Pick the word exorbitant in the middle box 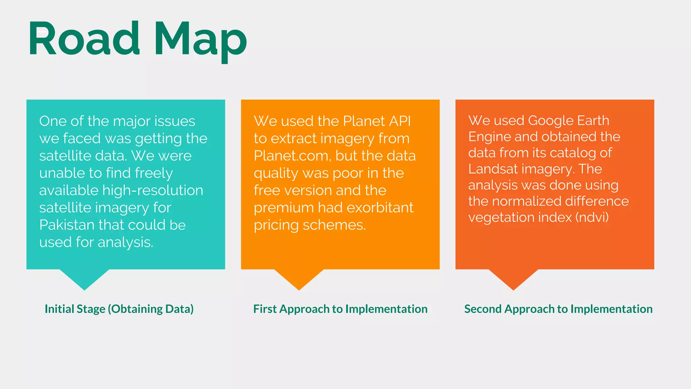pos(380,208)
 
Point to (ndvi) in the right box pos(592,217)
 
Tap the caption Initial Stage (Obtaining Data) pos(119,309)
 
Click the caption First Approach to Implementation pos(340,309)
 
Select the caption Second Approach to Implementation pos(558,309)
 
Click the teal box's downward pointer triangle pos(84,278)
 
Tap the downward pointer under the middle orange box pos(299,278)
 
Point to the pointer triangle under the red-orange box pos(514,278)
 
